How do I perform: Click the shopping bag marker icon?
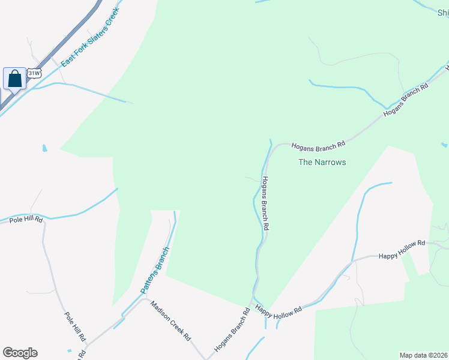coord(14,79)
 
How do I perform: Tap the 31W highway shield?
coord(34,74)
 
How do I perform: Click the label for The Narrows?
coord(322,162)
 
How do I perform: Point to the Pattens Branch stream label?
coord(155,271)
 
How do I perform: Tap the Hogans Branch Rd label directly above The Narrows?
coord(318,145)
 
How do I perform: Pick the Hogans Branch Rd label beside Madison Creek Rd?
coord(232,329)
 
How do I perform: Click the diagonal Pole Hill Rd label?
coord(75,328)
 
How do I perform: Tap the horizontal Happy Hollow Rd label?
coord(401,256)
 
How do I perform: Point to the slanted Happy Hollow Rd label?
coord(278,310)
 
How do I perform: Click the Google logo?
coord(20,353)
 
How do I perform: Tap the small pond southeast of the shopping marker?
coord(44,148)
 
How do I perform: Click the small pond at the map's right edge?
coord(444,145)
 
